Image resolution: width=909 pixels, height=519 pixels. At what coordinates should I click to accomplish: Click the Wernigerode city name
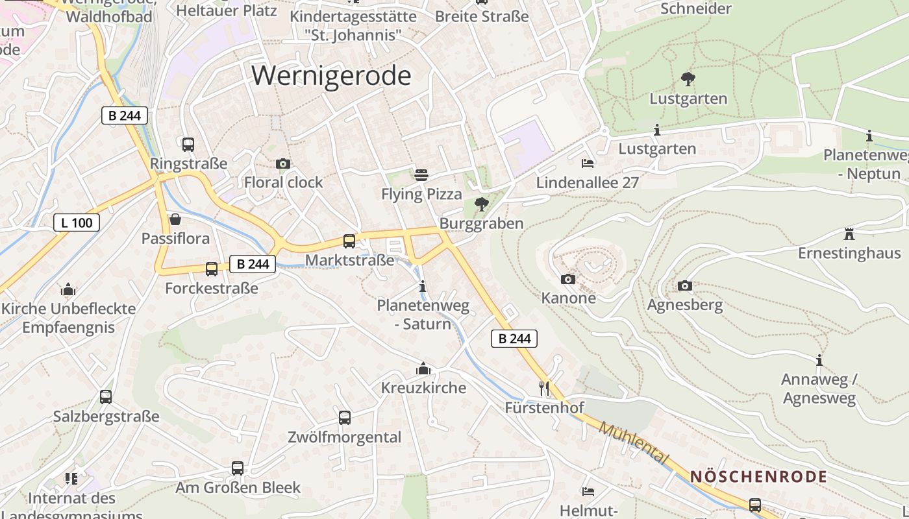tap(331, 76)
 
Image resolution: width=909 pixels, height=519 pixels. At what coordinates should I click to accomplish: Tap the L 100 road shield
tap(77, 223)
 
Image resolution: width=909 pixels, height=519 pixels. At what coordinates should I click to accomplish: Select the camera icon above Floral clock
tap(282, 163)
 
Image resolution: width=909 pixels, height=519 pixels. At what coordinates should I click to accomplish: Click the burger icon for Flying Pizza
tap(421, 175)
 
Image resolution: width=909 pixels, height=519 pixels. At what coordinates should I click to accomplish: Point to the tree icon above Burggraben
tap(481, 204)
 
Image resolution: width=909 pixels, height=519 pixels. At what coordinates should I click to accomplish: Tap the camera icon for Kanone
tap(568, 279)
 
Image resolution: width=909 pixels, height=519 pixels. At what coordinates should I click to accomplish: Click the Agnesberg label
tap(685, 304)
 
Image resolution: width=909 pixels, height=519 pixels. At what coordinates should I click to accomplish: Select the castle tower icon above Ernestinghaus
tap(849, 234)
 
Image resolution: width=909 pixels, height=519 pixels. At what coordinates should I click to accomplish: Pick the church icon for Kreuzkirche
tap(423, 369)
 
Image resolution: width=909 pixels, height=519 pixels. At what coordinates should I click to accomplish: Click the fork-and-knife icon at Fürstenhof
tap(544, 389)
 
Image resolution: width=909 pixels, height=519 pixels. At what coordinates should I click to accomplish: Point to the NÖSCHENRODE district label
tap(758, 477)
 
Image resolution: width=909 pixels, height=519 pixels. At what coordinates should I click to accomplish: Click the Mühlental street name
tap(633, 443)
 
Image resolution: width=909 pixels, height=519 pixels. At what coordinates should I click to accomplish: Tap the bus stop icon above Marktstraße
tap(349, 241)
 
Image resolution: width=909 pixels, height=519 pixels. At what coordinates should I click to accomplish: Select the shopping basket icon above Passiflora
tap(175, 219)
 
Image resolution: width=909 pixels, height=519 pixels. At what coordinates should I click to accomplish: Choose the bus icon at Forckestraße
tap(212, 269)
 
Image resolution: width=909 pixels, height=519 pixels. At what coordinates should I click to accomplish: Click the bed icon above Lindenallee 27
tap(588, 163)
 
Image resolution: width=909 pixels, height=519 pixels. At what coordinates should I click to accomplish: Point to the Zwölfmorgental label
tap(345, 437)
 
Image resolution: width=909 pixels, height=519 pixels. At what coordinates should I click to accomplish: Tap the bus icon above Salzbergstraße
tap(106, 397)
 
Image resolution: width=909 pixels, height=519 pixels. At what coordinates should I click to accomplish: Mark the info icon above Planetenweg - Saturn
tap(423, 286)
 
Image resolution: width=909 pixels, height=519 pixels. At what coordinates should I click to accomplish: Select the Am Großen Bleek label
tap(238, 487)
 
